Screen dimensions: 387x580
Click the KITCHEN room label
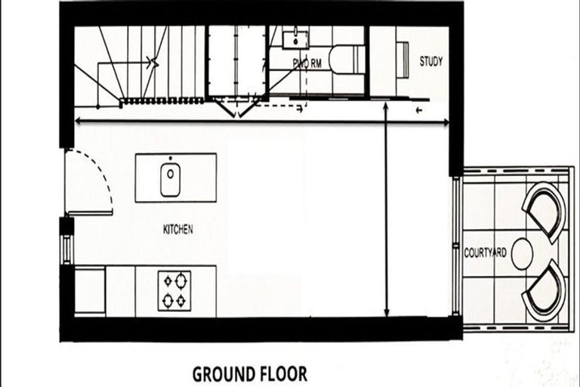pyautogui.click(x=177, y=229)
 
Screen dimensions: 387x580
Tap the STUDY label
pyautogui.click(x=430, y=62)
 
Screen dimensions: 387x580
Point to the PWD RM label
pyautogui.click(x=307, y=64)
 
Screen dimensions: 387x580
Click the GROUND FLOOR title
pyautogui.click(x=250, y=373)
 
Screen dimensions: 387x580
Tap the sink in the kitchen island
pyautogui.click(x=170, y=178)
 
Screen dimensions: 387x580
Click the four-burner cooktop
pyautogui.click(x=174, y=290)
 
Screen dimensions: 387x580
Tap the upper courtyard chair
pyautogui.click(x=544, y=210)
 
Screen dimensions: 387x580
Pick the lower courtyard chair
pyautogui.click(x=544, y=290)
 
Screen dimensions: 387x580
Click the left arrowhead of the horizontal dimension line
pyautogui.click(x=77, y=120)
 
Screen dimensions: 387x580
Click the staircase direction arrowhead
pyautogui.click(x=155, y=62)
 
